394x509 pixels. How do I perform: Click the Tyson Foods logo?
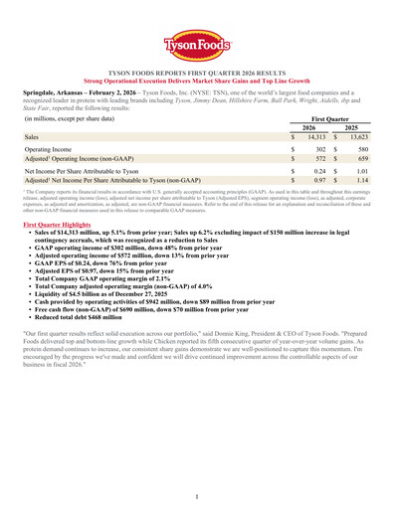click(x=197, y=44)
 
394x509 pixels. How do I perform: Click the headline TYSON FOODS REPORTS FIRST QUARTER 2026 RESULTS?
click(x=197, y=75)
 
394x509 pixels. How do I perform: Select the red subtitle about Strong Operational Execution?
click(x=197, y=83)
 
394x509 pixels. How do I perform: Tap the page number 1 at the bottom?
click(x=197, y=495)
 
